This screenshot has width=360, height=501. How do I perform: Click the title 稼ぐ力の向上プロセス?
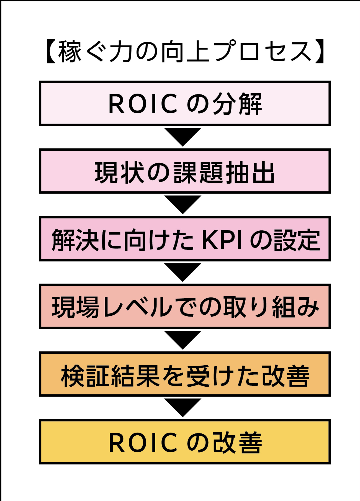tap(184, 52)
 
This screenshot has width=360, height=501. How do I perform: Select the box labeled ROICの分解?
tap(185, 104)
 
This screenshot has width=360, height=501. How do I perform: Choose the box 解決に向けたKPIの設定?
tap(185, 239)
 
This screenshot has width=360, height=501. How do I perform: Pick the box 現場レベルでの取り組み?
tap(185, 307)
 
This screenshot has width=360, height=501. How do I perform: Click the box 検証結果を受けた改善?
tap(185, 374)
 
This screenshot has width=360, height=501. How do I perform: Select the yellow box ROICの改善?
tap(185, 442)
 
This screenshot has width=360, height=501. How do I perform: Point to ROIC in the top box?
tap(143, 104)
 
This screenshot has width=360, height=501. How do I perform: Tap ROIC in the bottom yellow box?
tap(143, 443)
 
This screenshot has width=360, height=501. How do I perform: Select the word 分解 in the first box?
tap(237, 104)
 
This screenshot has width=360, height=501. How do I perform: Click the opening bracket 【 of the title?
tap(50, 52)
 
